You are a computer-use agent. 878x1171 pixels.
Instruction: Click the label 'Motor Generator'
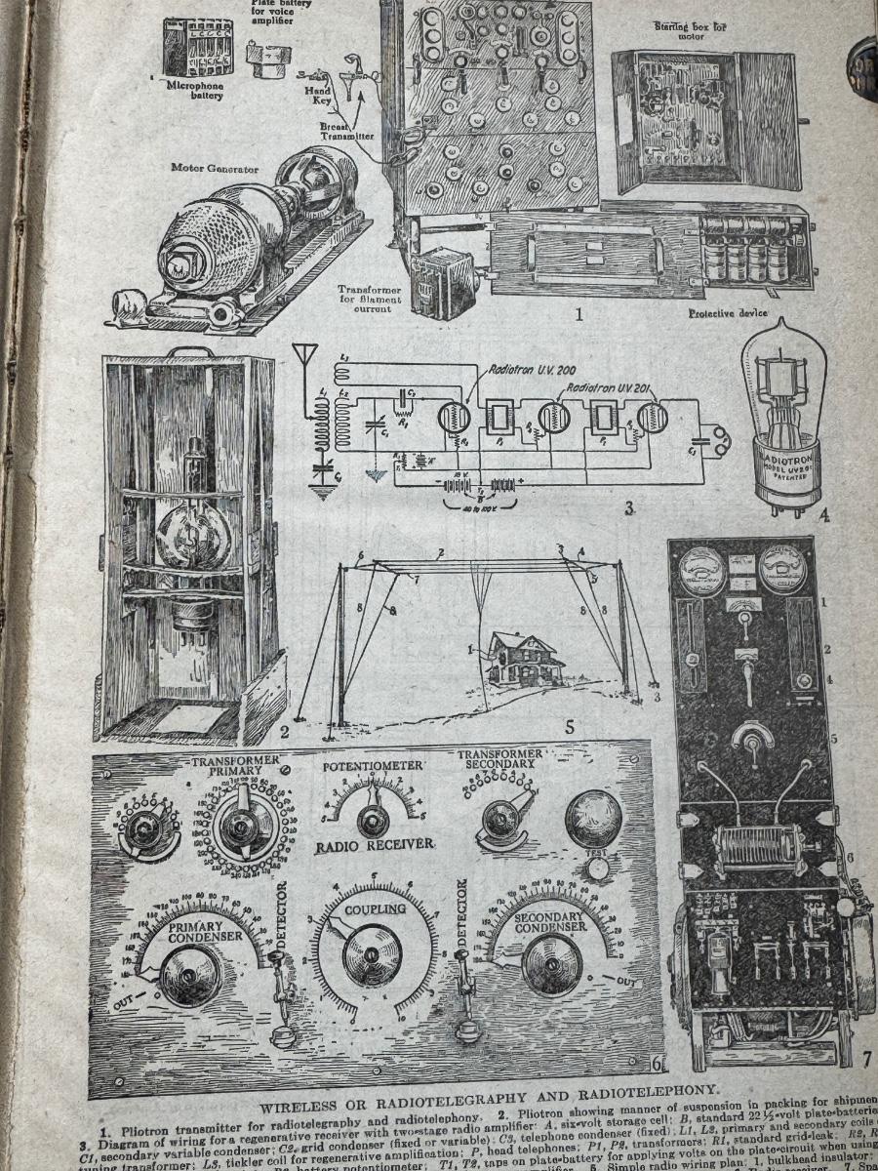pos(215,168)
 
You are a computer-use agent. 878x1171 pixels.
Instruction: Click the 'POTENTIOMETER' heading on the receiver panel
pos(373,766)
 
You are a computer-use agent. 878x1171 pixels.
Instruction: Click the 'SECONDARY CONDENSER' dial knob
pos(551,964)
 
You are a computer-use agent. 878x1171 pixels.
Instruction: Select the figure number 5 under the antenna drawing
pos(570,726)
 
